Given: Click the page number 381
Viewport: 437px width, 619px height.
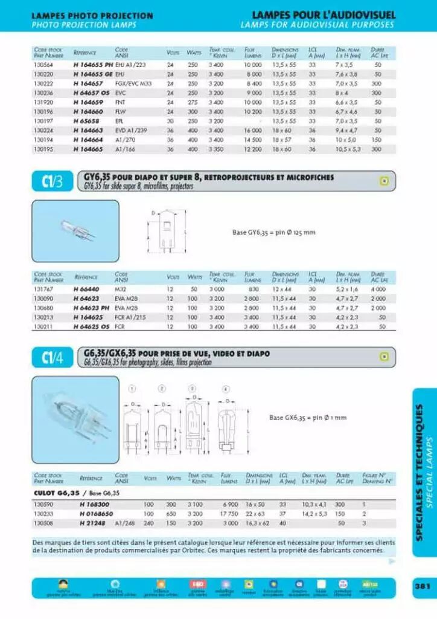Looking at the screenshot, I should [x=421, y=586].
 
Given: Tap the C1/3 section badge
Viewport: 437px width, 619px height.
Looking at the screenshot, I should [x=52, y=182].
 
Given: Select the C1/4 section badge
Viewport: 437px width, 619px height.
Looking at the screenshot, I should [x=52, y=358].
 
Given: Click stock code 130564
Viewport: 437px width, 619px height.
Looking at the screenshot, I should [x=43, y=64].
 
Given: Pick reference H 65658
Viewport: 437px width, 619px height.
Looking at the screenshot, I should [x=86, y=121].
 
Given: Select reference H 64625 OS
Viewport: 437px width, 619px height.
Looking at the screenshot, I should [x=92, y=326].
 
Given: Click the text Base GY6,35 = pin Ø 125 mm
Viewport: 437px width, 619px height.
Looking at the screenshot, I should [x=273, y=232].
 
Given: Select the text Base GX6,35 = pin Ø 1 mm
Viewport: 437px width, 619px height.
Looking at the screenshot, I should [x=308, y=417].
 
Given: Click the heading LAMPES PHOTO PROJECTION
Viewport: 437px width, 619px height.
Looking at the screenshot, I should [x=92, y=16].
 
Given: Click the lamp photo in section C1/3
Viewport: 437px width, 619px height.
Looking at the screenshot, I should [x=75, y=230].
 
